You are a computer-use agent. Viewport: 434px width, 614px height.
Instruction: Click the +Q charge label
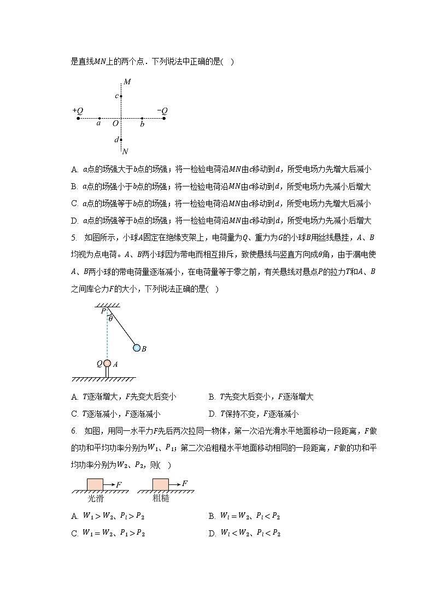tap(77, 110)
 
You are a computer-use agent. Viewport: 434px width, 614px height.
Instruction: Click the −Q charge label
tap(162, 110)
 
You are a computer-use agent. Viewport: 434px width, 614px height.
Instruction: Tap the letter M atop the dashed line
tap(127, 83)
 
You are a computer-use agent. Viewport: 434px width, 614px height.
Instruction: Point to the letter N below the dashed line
tap(125, 151)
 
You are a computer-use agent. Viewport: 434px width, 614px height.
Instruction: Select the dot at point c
tap(121, 96)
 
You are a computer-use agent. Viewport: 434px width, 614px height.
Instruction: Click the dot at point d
tap(121, 140)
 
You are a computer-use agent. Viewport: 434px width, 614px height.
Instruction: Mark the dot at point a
tap(99, 118)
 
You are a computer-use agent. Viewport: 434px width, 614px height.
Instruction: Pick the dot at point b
tap(142, 118)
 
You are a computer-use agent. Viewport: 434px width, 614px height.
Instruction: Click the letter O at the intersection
tap(115, 124)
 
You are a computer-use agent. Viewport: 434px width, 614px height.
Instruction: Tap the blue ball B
tap(137, 348)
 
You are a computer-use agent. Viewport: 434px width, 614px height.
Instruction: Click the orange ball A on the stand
tap(107, 363)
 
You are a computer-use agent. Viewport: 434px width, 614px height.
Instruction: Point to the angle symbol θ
tap(110, 319)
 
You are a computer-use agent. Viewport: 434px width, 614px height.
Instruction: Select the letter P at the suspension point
tap(103, 311)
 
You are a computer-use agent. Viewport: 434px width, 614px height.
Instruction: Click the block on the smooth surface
tap(95, 484)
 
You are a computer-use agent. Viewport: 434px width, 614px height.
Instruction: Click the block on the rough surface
tap(160, 484)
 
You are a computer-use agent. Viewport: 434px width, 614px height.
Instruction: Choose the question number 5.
tap(74, 237)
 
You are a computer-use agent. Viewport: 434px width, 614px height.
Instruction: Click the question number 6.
tap(74, 431)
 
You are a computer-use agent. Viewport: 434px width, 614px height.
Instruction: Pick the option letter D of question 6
tap(212, 533)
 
